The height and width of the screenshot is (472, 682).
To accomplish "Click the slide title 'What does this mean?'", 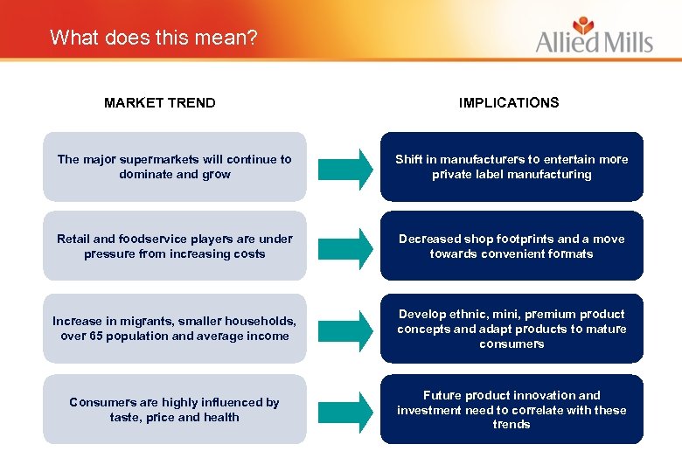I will (154, 38).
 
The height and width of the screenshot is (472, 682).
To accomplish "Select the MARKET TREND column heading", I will (159, 102).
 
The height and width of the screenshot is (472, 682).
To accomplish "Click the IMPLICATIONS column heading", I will (509, 102).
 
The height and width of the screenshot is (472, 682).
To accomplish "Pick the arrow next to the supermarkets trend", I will (344, 167).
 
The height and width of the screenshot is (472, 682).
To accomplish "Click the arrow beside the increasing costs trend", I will (344, 246).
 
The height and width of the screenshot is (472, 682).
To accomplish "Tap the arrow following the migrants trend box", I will (344, 329).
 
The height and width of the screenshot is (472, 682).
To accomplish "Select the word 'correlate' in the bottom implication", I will (546, 410).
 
